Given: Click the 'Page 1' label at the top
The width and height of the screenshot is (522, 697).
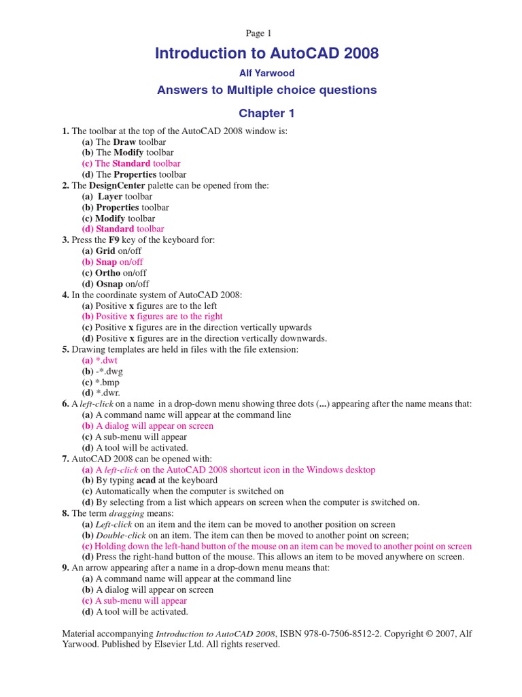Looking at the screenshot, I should click(x=258, y=34).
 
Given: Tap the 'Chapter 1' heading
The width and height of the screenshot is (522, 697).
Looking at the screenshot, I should click(x=266, y=113).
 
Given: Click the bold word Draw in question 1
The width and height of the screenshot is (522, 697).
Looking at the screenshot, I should click(x=125, y=142).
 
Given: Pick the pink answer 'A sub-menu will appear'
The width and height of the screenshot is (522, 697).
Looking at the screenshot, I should click(x=141, y=601).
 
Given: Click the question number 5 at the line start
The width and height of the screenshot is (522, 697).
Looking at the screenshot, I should click(x=65, y=349).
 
